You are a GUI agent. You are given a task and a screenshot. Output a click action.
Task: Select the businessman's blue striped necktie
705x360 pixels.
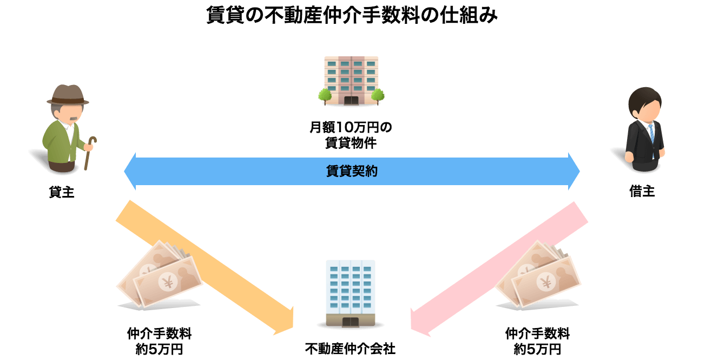coord(651,133)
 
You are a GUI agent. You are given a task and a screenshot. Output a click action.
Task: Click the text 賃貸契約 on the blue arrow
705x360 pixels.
coord(352,172)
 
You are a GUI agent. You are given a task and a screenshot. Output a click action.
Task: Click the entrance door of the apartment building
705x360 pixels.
coord(351,100)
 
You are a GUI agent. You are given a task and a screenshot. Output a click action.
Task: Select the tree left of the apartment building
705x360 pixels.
coord(325,95)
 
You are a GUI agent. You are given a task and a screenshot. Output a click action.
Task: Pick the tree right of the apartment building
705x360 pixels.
coord(378,95)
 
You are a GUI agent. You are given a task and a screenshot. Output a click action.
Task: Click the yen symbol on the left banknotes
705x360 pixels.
coord(165,282)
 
